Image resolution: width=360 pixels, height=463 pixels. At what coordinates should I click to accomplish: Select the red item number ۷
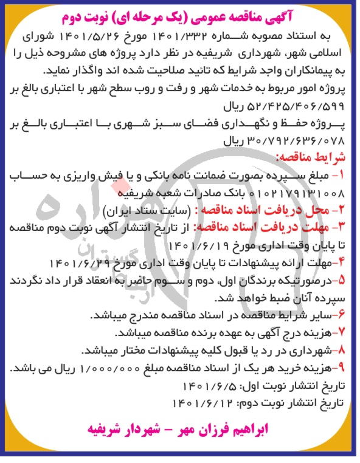(342, 334)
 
